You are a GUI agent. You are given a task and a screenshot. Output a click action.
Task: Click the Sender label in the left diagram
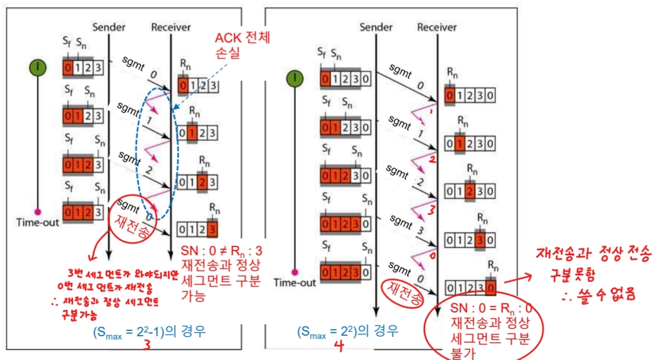pos(109,27)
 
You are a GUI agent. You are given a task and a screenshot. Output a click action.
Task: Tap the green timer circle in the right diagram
pos(294,79)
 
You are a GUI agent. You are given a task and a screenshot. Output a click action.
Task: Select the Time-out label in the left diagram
pos(37,222)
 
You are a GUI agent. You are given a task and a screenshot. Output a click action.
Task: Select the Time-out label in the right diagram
pos(294,282)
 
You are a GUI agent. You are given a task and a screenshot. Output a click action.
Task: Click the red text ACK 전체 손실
pos(242,45)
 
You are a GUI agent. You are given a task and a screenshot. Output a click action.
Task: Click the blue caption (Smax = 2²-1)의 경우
pos(148,330)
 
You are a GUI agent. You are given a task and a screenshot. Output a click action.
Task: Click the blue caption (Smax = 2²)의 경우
pos(348,330)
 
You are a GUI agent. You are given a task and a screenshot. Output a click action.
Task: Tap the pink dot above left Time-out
pos(38,211)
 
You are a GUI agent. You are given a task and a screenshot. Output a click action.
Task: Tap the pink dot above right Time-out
pos(295,272)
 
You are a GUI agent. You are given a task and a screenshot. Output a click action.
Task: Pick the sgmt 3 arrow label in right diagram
pos(404,225)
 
